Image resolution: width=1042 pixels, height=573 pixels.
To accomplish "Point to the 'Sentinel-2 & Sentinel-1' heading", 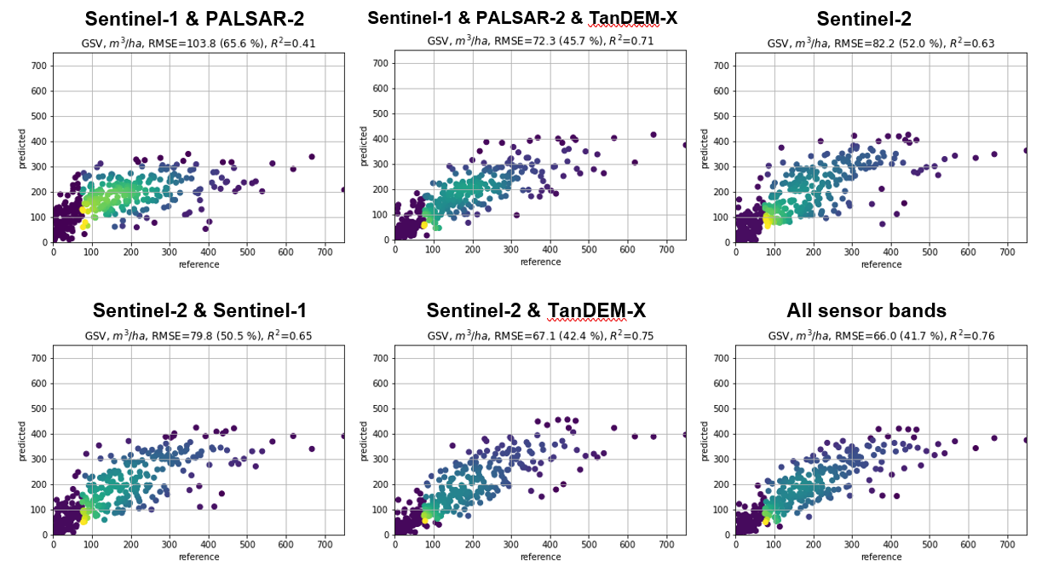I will pyautogui.click(x=199, y=311).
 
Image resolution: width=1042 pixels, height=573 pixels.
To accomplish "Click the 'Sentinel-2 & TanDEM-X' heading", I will pyautogui.click(x=536, y=311).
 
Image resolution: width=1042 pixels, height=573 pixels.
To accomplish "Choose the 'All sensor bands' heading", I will pyautogui.click(x=866, y=311).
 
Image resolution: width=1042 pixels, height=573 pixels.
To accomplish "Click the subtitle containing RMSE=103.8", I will pyautogui.click(x=199, y=43).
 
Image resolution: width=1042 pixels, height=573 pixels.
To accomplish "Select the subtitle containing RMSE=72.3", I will pyautogui.click(x=540, y=40).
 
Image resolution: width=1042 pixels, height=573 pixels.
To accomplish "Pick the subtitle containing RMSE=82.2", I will pyautogui.click(x=881, y=43).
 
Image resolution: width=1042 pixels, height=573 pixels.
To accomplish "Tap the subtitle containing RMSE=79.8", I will pyautogui.click(x=199, y=335).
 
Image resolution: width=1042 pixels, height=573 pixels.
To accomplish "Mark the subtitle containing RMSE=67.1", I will pyautogui.click(x=540, y=335).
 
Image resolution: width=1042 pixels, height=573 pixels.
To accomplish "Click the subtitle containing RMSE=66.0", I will pyautogui.click(x=881, y=335).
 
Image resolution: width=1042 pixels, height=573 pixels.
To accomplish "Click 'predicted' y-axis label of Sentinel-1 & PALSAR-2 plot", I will pyautogui.click(x=22, y=148).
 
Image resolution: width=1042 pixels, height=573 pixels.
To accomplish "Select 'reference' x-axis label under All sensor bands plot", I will pyautogui.click(x=881, y=557).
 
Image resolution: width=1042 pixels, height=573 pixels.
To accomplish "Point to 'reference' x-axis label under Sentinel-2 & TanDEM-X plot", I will pyautogui.click(x=540, y=557).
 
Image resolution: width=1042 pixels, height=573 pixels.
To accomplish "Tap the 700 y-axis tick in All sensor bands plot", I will pyautogui.click(x=722, y=359).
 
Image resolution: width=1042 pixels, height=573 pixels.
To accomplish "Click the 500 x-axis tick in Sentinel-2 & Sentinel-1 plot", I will pyautogui.click(x=247, y=544).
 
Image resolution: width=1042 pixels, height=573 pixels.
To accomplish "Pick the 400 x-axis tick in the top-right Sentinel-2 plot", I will pyautogui.click(x=891, y=252).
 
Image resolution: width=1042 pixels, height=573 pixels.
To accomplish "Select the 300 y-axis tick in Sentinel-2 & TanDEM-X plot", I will pyautogui.click(x=382, y=460).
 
